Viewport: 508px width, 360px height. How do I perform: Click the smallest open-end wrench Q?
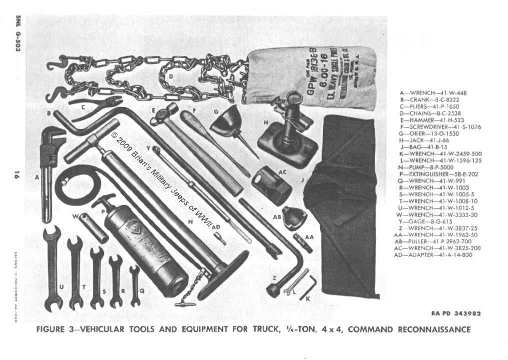(134, 285)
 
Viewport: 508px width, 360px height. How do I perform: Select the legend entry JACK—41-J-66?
(422, 140)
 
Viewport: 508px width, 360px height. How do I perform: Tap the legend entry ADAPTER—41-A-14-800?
(433, 255)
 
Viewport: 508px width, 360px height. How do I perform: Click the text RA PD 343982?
(456, 314)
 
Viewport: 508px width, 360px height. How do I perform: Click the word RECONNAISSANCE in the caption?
(434, 329)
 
